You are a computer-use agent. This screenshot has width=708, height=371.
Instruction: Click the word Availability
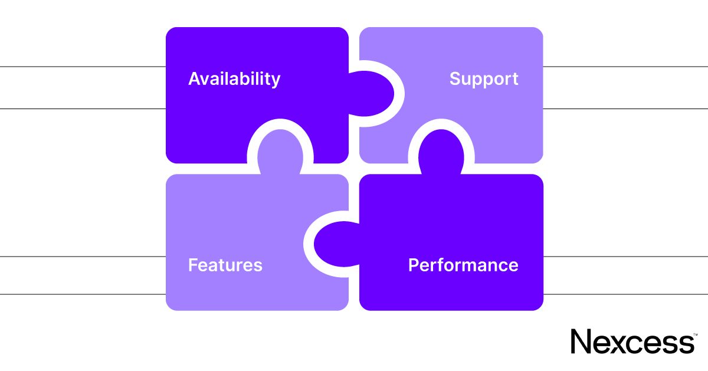(x=234, y=79)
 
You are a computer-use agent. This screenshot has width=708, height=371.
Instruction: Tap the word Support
(x=484, y=79)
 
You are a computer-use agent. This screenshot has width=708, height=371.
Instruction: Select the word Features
(x=225, y=265)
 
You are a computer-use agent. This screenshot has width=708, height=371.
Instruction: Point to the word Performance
(x=463, y=265)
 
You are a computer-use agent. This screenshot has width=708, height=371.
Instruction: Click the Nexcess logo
(x=632, y=342)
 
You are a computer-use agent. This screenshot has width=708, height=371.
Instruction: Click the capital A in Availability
(x=195, y=78)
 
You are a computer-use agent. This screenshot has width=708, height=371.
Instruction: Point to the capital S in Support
(x=455, y=78)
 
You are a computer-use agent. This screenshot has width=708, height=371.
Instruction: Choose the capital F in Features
(x=192, y=265)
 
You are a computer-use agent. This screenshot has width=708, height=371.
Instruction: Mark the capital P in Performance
(x=414, y=265)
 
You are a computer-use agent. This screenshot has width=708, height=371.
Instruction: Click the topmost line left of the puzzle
(x=83, y=67)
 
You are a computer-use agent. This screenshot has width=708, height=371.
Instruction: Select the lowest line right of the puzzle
(x=625, y=294)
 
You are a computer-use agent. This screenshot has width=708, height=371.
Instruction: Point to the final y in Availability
(x=276, y=81)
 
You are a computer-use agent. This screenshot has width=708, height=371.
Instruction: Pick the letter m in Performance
(x=476, y=267)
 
